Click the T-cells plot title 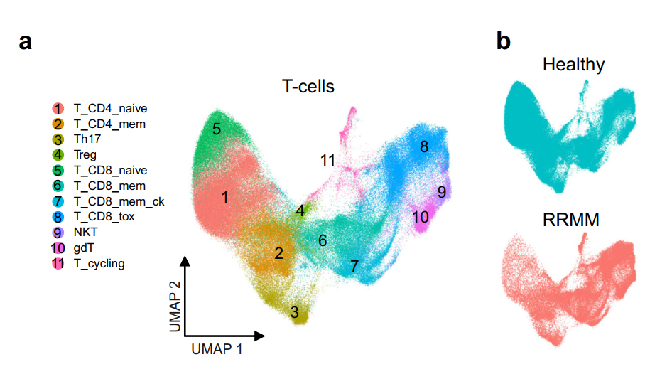(308, 87)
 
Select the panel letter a (26, 42)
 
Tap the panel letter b (503, 42)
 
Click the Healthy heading (573, 65)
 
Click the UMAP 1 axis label (221, 350)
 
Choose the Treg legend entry (85, 154)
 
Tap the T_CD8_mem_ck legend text (119, 201)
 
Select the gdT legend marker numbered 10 (58, 248)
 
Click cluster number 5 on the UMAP (216, 129)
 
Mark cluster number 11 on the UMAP (327, 161)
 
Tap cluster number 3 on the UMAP (294, 311)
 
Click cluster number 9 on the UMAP (441, 191)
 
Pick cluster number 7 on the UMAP (353, 266)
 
